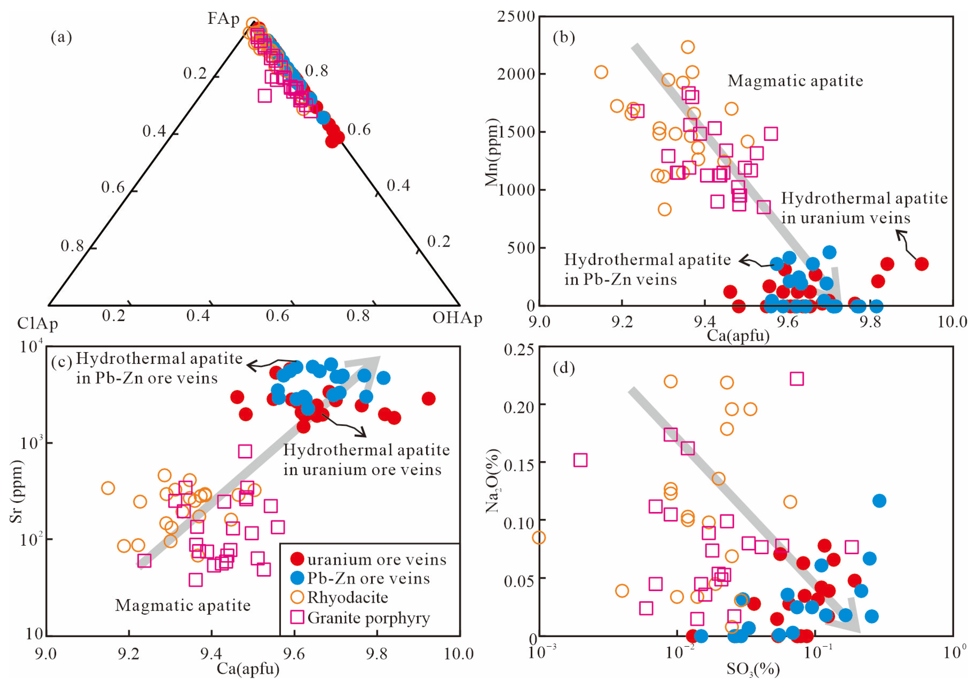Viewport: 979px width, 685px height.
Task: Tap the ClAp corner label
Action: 37,324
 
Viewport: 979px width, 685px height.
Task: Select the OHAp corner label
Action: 457,318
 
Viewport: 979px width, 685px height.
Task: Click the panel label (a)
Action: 61,37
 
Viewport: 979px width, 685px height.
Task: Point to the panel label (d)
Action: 563,367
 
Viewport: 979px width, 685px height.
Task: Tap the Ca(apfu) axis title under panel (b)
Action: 738,336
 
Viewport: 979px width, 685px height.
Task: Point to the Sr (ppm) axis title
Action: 16,491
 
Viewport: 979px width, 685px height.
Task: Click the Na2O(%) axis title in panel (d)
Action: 492,480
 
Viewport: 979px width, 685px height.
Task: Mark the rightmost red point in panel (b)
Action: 921,264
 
